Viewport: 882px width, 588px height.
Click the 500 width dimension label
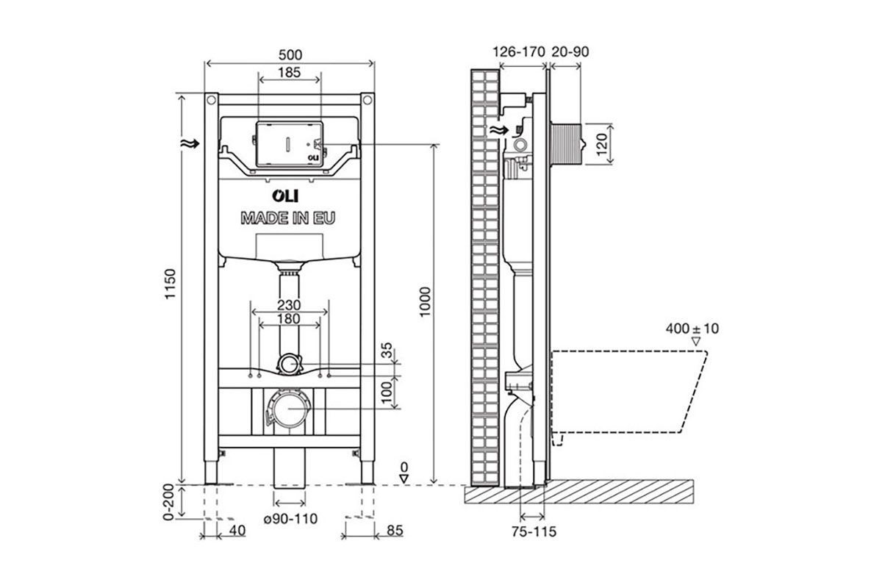coord(290,54)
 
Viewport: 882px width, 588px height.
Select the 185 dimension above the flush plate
coord(289,73)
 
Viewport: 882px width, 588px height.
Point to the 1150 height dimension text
coord(170,284)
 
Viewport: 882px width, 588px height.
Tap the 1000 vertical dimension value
coord(426,302)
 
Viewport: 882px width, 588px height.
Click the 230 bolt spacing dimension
coord(289,305)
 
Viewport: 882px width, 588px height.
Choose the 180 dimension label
coord(289,318)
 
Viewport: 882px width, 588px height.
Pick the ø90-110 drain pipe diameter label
coord(290,519)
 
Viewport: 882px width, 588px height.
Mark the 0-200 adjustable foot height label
coord(168,502)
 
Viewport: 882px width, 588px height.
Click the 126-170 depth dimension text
coord(519,51)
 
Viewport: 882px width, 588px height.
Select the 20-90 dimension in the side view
coord(570,51)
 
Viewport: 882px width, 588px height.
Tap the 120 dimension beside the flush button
coord(601,145)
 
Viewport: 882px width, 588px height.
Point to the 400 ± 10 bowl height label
coord(692,329)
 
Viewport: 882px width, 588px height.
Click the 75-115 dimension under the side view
coord(534,531)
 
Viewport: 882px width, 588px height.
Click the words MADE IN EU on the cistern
coord(288,218)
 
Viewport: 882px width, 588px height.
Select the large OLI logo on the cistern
coord(285,196)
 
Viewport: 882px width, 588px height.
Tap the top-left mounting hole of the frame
coord(211,100)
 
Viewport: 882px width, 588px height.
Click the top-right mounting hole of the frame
coord(367,100)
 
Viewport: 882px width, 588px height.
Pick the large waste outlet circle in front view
coord(290,409)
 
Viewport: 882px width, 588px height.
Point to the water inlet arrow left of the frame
coord(190,144)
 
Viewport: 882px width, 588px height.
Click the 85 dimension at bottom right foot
coord(395,531)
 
